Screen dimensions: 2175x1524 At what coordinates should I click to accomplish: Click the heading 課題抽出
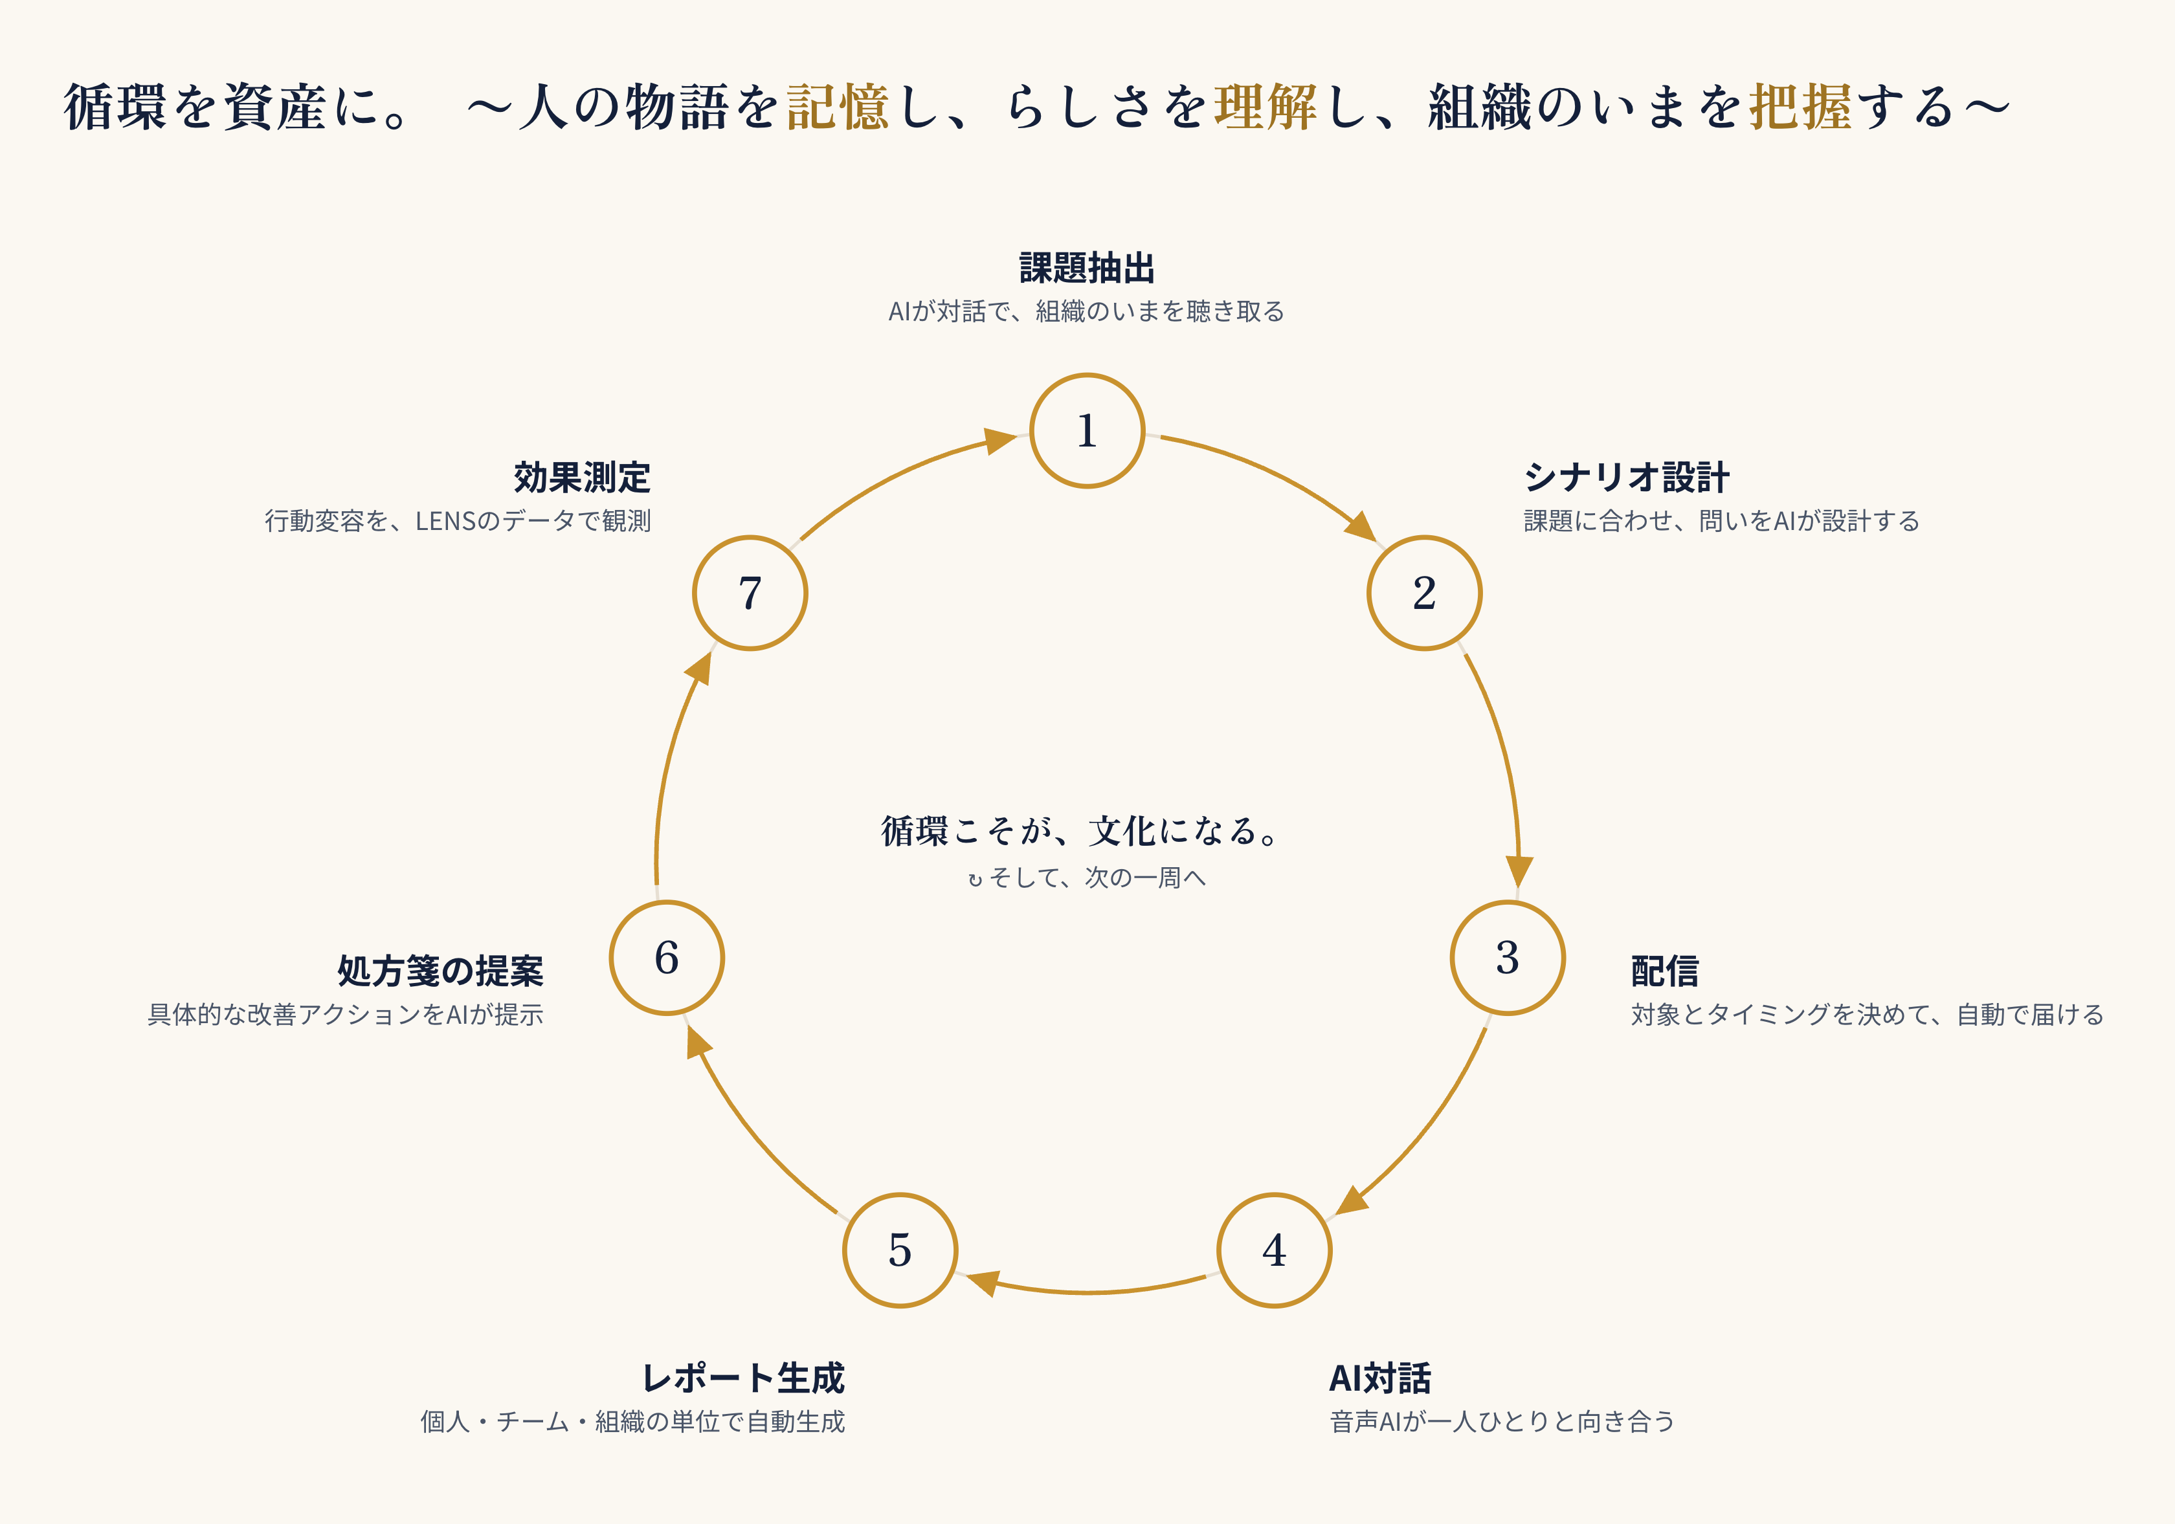[1087, 268]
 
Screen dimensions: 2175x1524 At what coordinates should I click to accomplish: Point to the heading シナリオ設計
[1627, 478]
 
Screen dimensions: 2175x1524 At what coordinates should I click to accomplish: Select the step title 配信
[1664, 971]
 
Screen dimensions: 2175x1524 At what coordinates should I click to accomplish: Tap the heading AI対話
[1380, 1378]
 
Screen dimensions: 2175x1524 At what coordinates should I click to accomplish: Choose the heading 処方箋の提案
[440, 971]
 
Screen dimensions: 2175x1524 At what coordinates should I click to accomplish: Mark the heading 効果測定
[583, 478]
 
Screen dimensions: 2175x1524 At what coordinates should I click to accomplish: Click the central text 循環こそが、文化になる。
[1081, 831]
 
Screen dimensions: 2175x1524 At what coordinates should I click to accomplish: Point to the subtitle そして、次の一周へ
[1098, 878]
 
